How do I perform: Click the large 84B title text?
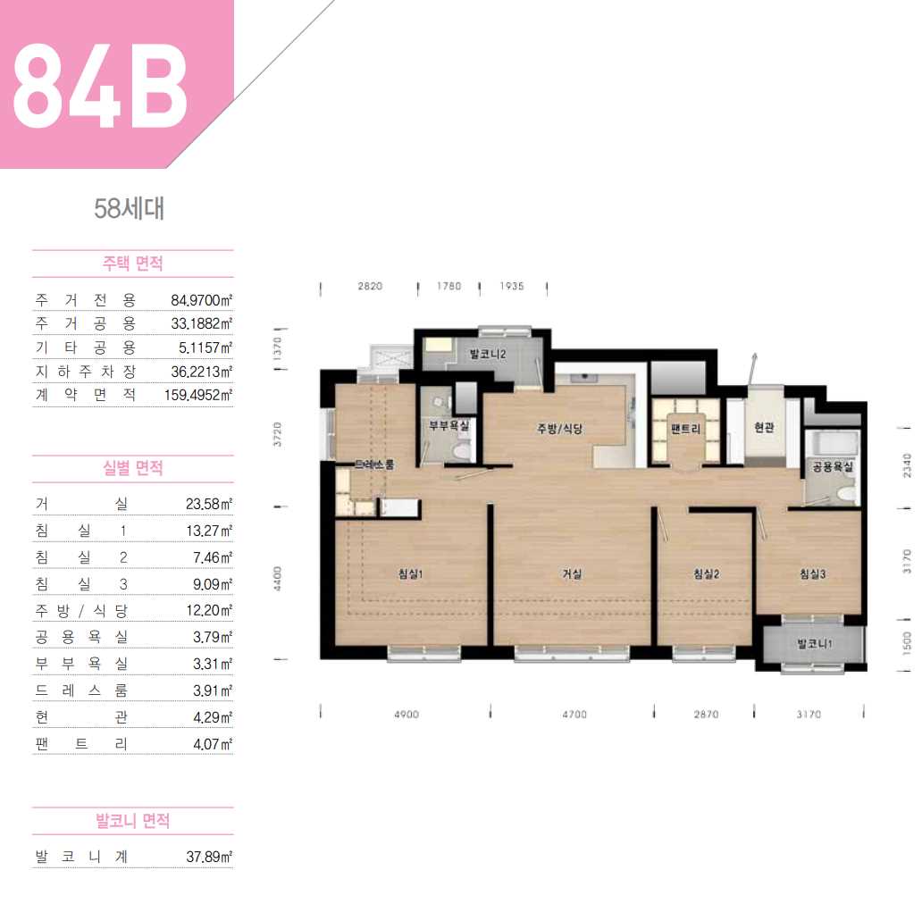coord(99,85)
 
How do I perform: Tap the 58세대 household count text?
coord(130,209)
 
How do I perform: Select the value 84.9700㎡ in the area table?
coord(202,300)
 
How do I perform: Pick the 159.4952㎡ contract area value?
coord(198,395)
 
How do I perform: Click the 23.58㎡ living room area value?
coord(209,504)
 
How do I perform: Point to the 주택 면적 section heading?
coord(133,263)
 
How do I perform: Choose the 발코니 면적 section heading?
coord(133,820)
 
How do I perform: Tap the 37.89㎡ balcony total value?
coord(209,857)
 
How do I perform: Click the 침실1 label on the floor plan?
coord(410,573)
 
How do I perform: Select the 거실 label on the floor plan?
coord(572,573)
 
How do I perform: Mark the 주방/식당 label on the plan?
coord(559,429)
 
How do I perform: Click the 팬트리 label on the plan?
coord(685,429)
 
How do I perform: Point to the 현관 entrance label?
coord(764,428)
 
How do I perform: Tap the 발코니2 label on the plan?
coord(488,354)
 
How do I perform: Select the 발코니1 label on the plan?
coord(815,644)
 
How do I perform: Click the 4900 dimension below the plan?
coord(407,715)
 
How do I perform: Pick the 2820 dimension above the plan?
coord(370,287)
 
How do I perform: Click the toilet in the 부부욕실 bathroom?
coord(462,451)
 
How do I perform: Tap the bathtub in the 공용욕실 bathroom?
coord(832,442)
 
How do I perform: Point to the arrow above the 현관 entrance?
coord(752,369)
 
